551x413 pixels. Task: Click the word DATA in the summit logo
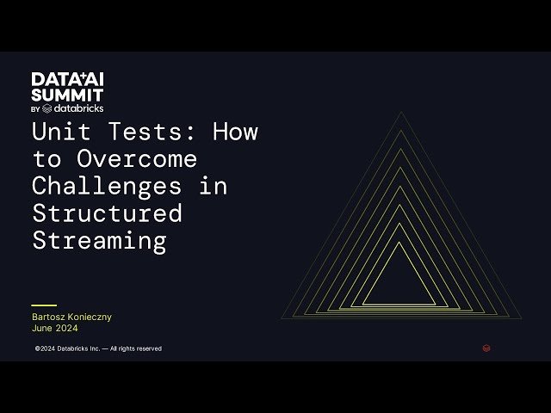pyautogui.click(x=47, y=80)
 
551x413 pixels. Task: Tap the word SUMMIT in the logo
pyautogui.click(x=68, y=95)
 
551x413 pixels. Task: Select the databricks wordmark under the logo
pyautogui.click(x=78, y=109)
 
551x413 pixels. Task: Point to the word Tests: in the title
pyautogui.click(x=156, y=133)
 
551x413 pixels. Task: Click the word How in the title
pyautogui.click(x=235, y=133)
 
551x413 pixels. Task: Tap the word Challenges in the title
pyautogui.click(x=106, y=186)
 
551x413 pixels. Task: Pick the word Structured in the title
pyautogui.click(x=107, y=213)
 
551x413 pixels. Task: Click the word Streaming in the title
pyautogui.click(x=99, y=240)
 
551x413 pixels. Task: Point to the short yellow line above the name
pyautogui.click(x=44, y=305)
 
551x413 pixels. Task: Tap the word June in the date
pyautogui.click(x=42, y=328)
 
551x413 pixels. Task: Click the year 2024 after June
pyautogui.click(x=65, y=328)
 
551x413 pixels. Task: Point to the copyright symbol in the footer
pyautogui.click(x=37, y=348)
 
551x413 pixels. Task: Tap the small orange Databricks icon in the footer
pyautogui.click(x=486, y=348)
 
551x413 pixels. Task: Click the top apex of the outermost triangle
pyautogui.click(x=400, y=112)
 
